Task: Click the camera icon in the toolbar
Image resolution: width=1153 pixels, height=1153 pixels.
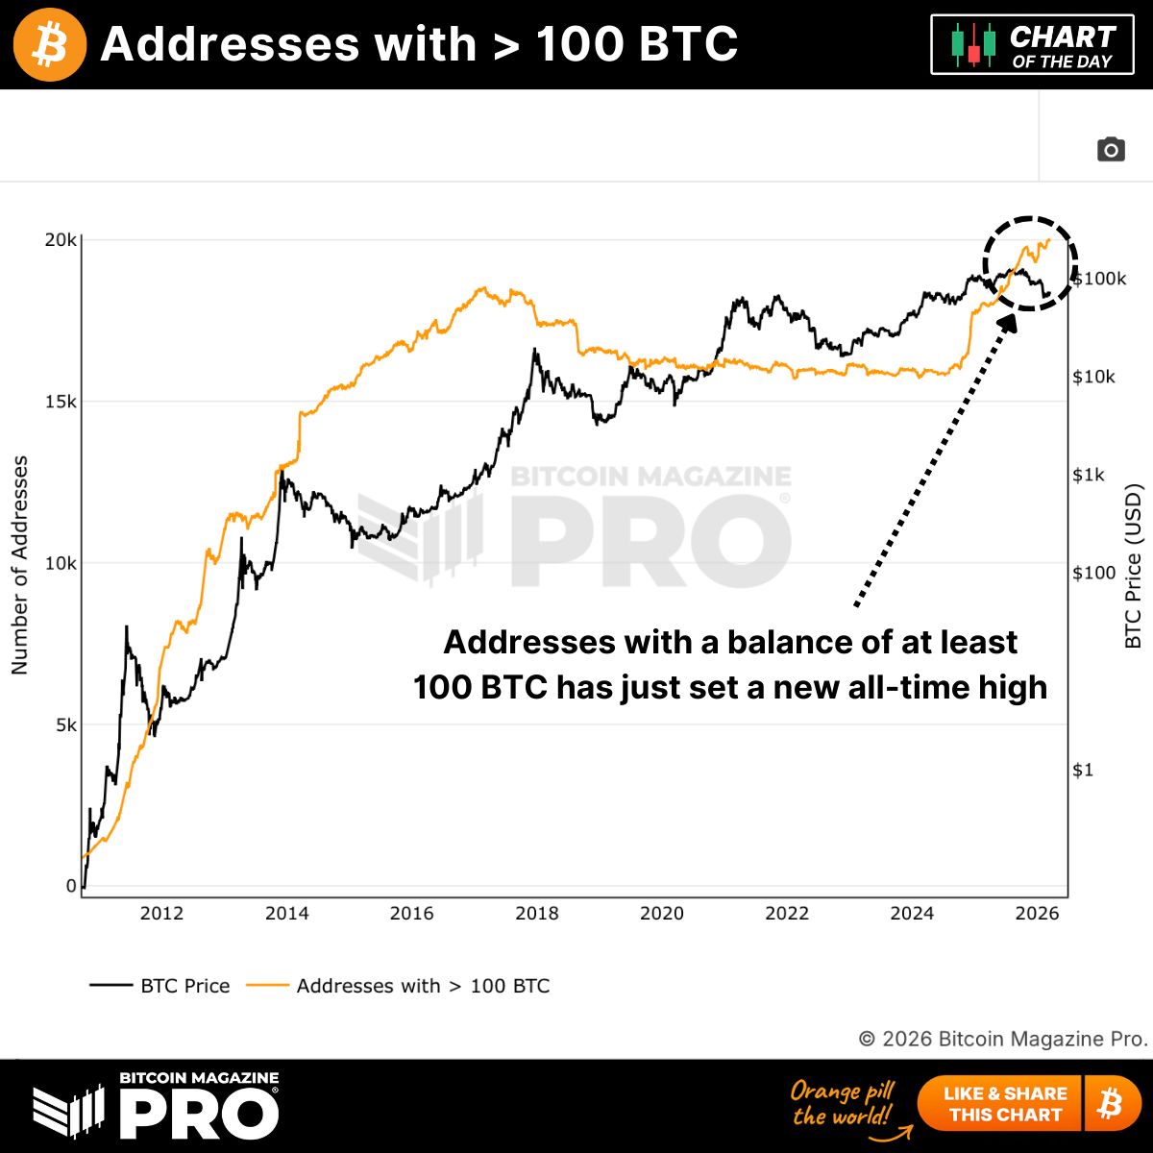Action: (1111, 150)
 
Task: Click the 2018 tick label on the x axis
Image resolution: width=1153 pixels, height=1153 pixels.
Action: (536, 914)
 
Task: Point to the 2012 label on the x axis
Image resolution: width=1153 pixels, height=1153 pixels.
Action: (161, 914)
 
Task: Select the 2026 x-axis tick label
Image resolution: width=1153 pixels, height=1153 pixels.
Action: (1037, 914)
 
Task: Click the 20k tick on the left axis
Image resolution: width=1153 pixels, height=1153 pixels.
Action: (61, 240)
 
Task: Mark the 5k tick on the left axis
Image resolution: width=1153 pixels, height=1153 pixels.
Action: (64, 725)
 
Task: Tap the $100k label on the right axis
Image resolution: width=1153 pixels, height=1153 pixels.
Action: (1099, 280)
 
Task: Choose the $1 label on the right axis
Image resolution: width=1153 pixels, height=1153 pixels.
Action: (1083, 770)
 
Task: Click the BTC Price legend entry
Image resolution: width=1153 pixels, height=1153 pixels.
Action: (160, 986)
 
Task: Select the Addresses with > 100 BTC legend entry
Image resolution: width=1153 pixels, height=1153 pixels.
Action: (399, 986)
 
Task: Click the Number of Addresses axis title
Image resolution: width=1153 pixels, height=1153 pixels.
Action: (20, 565)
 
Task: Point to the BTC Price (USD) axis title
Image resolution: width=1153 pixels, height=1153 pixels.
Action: (1134, 565)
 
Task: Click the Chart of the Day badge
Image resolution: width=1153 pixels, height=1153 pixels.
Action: (1032, 44)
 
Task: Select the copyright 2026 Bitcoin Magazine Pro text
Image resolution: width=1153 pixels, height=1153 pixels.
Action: (1002, 1039)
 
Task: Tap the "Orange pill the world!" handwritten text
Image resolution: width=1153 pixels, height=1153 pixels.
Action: (843, 1103)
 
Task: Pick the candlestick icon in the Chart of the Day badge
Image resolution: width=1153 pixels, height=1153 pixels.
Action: (973, 44)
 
